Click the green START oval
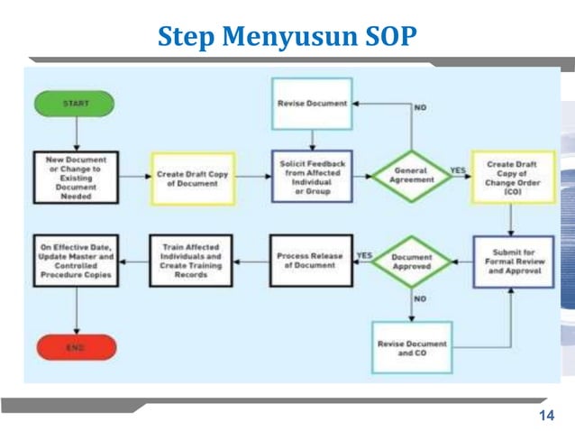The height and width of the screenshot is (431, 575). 76,104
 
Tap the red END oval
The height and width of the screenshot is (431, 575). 76,347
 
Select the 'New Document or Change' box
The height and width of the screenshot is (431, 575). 76,176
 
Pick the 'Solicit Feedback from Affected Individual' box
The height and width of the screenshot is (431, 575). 311,176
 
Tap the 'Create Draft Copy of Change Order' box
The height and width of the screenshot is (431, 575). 512,177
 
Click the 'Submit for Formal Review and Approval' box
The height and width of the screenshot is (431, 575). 514,262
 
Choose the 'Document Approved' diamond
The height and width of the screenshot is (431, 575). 411,262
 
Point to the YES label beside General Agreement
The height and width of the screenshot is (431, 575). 458,169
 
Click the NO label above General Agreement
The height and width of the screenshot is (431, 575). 420,107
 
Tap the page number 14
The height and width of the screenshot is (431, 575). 544,416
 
